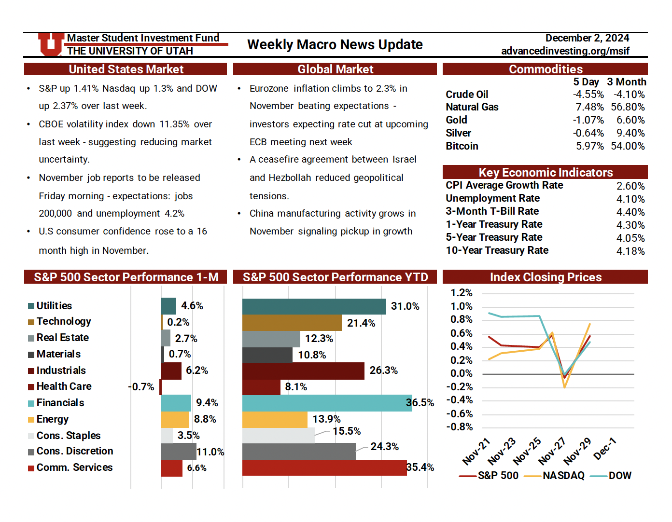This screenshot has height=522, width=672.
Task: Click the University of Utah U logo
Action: (51, 44)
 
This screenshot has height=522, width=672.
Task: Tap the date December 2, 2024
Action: (587, 38)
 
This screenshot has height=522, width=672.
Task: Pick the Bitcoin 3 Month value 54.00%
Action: (628, 146)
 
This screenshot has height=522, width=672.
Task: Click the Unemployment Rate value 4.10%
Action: (630, 199)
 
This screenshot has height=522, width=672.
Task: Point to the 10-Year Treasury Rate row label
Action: (497, 250)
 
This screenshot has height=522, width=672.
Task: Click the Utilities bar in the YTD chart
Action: (314, 306)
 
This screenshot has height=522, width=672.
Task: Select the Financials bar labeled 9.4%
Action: (176, 403)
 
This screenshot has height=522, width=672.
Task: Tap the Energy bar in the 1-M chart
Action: (175, 420)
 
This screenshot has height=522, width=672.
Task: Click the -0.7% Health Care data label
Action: (141, 387)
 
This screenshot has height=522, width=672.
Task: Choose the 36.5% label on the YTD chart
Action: (420, 403)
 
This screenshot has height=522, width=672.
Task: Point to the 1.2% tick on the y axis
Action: (461, 293)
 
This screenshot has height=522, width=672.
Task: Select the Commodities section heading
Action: (546, 69)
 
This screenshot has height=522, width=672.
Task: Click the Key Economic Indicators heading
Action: (546, 172)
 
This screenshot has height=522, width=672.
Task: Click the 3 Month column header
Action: (626, 82)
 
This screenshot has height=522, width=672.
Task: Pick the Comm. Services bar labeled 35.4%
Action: (324, 468)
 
